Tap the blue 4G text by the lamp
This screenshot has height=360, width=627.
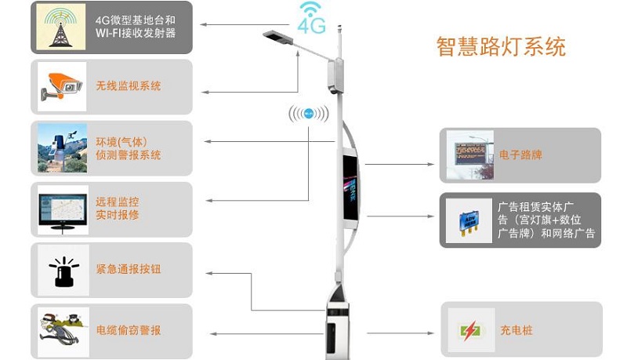311,26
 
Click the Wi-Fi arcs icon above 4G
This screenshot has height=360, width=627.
311,10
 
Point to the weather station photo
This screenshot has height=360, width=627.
63,148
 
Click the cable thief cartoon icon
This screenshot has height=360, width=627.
63,330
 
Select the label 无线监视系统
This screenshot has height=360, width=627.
129,86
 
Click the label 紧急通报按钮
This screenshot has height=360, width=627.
129,270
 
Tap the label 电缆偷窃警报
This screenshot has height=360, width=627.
129,330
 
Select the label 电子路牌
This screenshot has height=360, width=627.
520,155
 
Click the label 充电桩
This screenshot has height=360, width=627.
516,330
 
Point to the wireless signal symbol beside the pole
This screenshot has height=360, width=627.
308,115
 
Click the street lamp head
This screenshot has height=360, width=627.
275,36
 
